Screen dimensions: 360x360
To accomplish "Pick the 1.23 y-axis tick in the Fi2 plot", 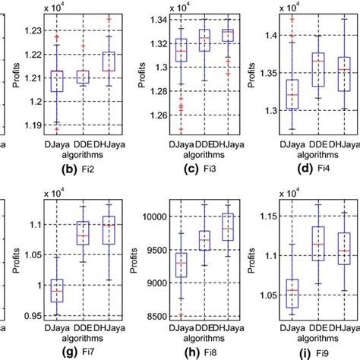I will pos(34,30).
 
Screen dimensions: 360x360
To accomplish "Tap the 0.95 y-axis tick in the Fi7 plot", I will pos(34,315).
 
